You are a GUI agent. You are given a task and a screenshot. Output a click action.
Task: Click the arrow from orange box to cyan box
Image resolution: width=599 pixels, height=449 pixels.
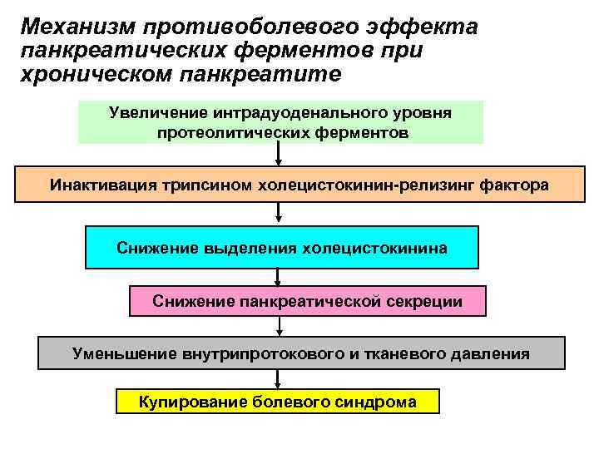(278, 214)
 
